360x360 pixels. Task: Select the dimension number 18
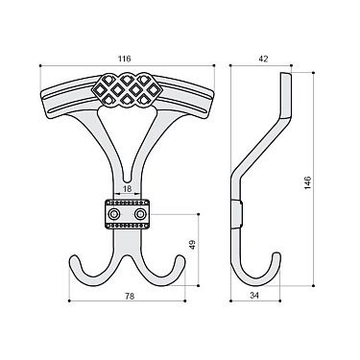coord(128,190)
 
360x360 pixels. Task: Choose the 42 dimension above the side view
coord(264,60)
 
